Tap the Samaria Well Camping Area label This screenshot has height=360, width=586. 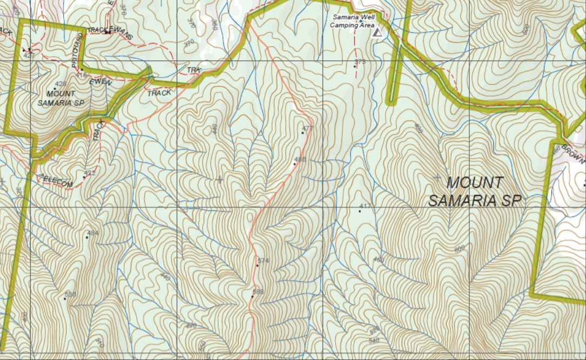point(353,21)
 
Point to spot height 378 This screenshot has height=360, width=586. point(355,66)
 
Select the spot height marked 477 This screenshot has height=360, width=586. point(302,133)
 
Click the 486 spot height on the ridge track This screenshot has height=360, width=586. point(294,164)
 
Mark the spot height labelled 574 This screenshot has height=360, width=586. point(257,265)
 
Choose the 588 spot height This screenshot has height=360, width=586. point(252,296)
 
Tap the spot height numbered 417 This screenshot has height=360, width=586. point(359,211)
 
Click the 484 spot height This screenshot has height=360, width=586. point(87,237)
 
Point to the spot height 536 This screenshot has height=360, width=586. point(65,298)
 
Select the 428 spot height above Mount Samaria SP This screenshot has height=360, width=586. point(55,89)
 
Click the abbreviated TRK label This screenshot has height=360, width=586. point(193,71)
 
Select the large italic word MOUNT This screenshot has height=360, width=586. point(475,182)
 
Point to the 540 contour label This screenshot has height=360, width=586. point(373,341)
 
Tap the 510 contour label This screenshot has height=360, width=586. point(99,342)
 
